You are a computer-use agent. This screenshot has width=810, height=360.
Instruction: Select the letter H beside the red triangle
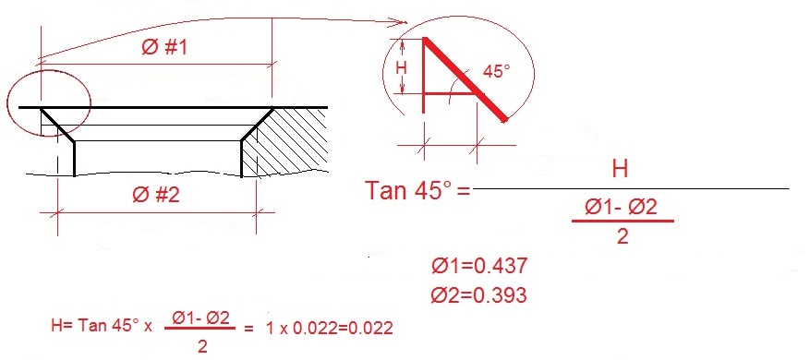click(x=401, y=68)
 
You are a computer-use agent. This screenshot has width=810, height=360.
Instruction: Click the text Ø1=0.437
click(x=479, y=267)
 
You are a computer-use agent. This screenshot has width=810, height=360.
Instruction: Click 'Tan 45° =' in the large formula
click(x=418, y=193)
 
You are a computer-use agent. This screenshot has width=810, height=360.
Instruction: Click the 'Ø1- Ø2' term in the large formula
click(x=623, y=208)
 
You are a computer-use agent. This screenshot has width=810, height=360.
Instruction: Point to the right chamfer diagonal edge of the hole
click(x=256, y=124)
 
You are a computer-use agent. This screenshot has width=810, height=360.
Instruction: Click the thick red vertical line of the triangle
click(x=424, y=69)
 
